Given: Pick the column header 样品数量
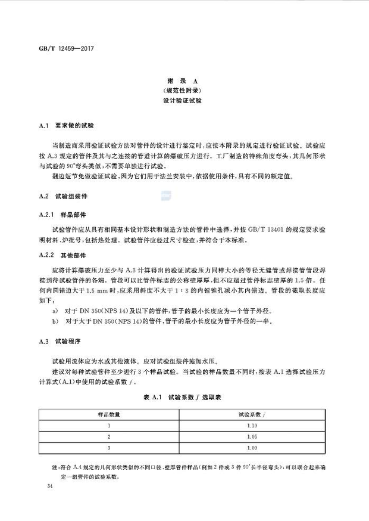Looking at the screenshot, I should click(110, 414).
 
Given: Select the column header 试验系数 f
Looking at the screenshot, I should click(252, 414).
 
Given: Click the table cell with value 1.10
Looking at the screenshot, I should click(252, 426).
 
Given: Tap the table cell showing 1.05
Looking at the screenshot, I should click(252, 436).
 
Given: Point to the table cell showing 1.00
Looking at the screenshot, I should click(252, 447).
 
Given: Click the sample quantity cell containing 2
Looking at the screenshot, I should click(110, 436).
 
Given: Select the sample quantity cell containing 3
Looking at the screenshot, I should click(110, 447).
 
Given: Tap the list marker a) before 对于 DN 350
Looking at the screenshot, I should click(55, 311).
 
